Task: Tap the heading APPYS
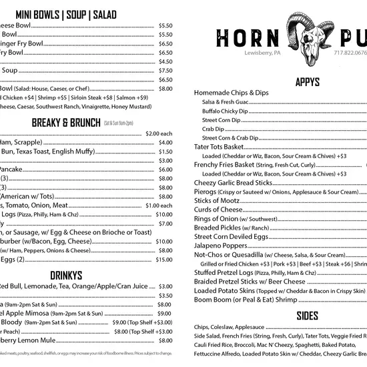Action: point(308,82)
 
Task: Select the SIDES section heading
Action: point(307,315)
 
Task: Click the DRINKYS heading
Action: point(66,275)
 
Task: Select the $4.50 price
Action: point(165,61)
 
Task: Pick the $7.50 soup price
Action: point(165,70)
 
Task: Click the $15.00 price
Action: point(164,260)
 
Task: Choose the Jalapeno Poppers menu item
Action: point(220,246)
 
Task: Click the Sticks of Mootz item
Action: point(218,200)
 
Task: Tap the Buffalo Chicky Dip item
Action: point(225,111)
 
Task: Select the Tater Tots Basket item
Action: point(219,146)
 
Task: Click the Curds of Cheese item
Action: point(218,210)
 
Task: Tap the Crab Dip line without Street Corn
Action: point(214,129)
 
